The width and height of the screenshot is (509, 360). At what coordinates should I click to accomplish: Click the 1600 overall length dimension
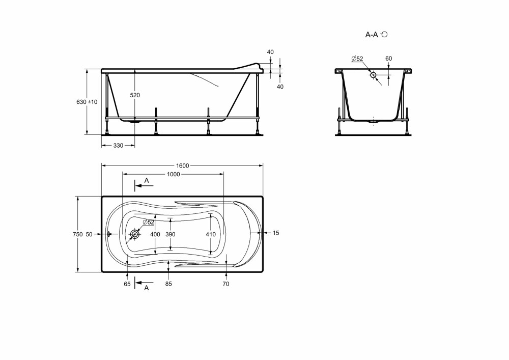pyautogui.click(x=182, y=165)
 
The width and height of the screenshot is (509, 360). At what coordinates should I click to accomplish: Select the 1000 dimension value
pyautogui.click(x=174, y=174)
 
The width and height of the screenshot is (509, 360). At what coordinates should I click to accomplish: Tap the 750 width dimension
pyautogui.click(x=77, y=234)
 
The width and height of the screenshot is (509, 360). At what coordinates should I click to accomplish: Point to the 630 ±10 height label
pyautogui.click(x=87, y=102)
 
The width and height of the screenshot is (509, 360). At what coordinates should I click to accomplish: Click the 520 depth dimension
pyautogui.click(x=135, y=95)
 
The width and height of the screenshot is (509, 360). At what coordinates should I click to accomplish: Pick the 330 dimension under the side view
pyautogui.click(x=118, y=146)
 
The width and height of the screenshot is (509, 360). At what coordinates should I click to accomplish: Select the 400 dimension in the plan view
pyautogui.click(x=155, y=234)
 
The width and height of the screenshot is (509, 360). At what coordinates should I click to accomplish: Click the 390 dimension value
pyautogui.click(x=171, y=234)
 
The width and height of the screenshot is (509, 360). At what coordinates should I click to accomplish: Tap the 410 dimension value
pyautogui.click(x=211, y=234)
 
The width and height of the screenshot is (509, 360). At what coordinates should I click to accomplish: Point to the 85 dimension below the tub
pyautogui.click(x=168, y=284)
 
